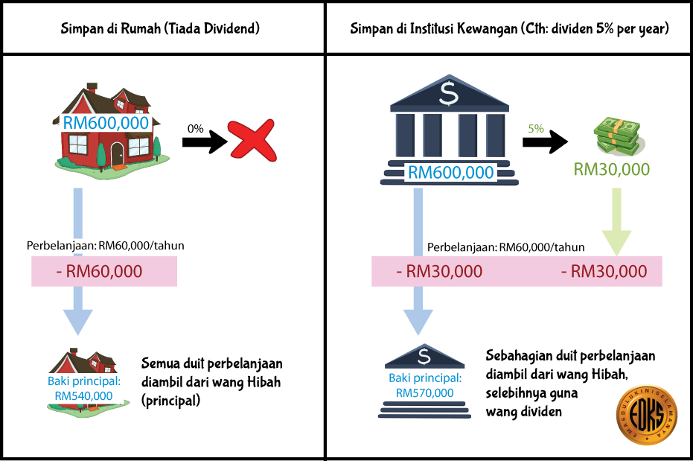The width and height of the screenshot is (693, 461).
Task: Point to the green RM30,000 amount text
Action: pos(612,169)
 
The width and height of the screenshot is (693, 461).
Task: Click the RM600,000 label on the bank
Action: pos(450,173)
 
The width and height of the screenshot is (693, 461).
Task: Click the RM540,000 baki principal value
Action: pos(84,395)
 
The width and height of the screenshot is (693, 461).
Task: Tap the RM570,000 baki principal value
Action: pos(425,392)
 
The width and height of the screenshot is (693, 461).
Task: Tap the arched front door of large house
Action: pos(118,155)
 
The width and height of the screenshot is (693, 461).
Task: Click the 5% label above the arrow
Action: pos(536,128)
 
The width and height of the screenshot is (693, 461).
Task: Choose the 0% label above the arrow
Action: pos(196,128)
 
